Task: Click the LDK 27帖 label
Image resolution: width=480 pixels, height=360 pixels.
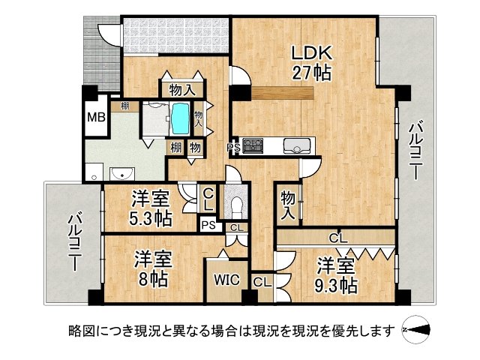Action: tap(311, 63)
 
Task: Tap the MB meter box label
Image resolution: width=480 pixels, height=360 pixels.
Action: tap(94, 118)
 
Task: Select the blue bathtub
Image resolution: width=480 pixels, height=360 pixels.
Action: tap(180, 117)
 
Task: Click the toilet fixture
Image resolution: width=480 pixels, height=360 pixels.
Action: tap(237, 202)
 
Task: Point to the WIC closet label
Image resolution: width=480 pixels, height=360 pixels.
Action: tap(226, 280)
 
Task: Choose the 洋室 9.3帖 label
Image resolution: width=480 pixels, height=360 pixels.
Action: tap(335, 275)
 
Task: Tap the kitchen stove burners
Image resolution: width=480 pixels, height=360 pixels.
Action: tap(253, 145)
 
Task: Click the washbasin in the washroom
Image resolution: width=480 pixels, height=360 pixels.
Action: tap(121, 174)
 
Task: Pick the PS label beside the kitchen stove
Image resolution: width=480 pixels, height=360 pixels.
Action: tap(234, 148)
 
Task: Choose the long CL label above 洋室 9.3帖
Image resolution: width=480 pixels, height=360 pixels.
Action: tap(338, 238)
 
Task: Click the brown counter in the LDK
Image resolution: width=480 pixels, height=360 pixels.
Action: tap(271, 93)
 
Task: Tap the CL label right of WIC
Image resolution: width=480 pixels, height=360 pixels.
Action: tap(262, 283)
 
